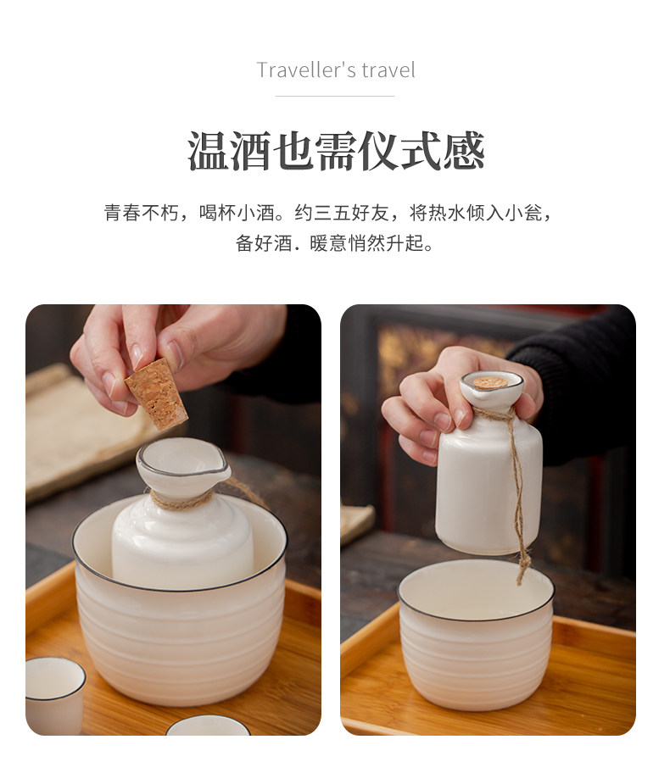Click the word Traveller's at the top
tap(305, 70)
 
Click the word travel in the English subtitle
tap(388, 70)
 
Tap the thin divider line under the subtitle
tap(335, 96)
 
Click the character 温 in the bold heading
tap(208, 151)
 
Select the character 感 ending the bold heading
tap(463, 151)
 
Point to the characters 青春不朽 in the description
tap(141, 213)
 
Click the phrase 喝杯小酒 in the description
tap(237, 213)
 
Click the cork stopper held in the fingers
tap(157, 393)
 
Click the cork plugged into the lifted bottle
tap(491, 383)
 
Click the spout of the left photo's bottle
tap(224, 471)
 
